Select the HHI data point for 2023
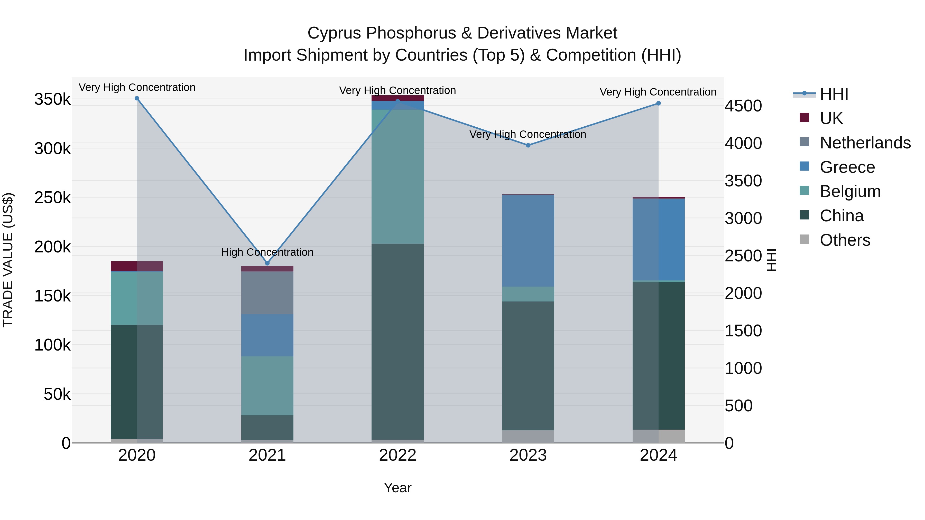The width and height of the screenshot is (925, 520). [x=528, y=145]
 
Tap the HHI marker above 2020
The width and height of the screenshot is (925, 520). [x=137, y=98]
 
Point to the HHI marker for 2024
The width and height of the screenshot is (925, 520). [x=659, y=103]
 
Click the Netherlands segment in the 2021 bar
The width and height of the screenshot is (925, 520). [x=267, y=293]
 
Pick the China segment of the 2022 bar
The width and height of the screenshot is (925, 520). [x=397, y=342]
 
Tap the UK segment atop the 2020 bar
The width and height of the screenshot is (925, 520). [x=137, y=266]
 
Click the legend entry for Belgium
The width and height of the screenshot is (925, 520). [x=840, y=191]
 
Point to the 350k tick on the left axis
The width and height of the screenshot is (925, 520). [x=52, y=99]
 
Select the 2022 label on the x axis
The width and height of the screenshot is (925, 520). [x=397, y=455]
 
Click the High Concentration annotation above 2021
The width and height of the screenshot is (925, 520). [x=267, y=252]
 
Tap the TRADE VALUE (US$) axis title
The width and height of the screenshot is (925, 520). [x=8, y=260]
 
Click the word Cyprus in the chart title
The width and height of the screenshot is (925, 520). [x=334, y=33]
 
